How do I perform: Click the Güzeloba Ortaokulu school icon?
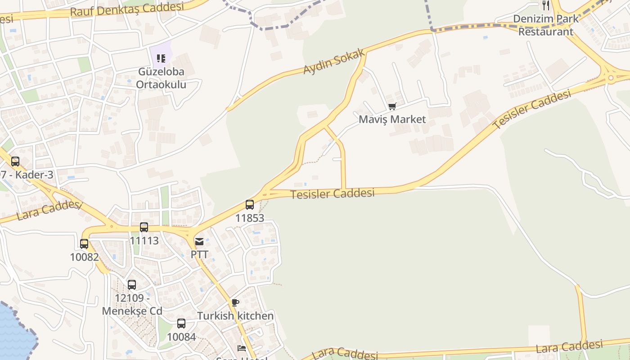tap(161, 58)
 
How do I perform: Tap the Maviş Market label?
tap(392, 119)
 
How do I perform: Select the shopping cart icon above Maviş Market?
tap(392, 107)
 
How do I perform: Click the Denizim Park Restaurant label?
tap(546, 25)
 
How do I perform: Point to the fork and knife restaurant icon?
tap(546, 5)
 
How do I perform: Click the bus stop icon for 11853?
tap(250, 205)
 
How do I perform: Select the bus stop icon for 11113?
tap(144, 227)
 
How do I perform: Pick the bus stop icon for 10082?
tap(84, 244)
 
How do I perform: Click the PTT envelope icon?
tap(199, 242)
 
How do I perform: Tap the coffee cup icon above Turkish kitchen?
tap(235, 303)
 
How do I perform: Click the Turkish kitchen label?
tap(235, 316)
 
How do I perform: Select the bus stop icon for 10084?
tap(181, 324)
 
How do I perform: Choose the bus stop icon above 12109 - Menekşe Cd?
tap(131, 285)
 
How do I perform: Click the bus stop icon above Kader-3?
tap(15, 162)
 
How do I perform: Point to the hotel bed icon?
tap(242, 348)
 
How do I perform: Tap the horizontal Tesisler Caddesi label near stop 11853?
tap(333, 194)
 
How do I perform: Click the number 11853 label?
tap(250, 218)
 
